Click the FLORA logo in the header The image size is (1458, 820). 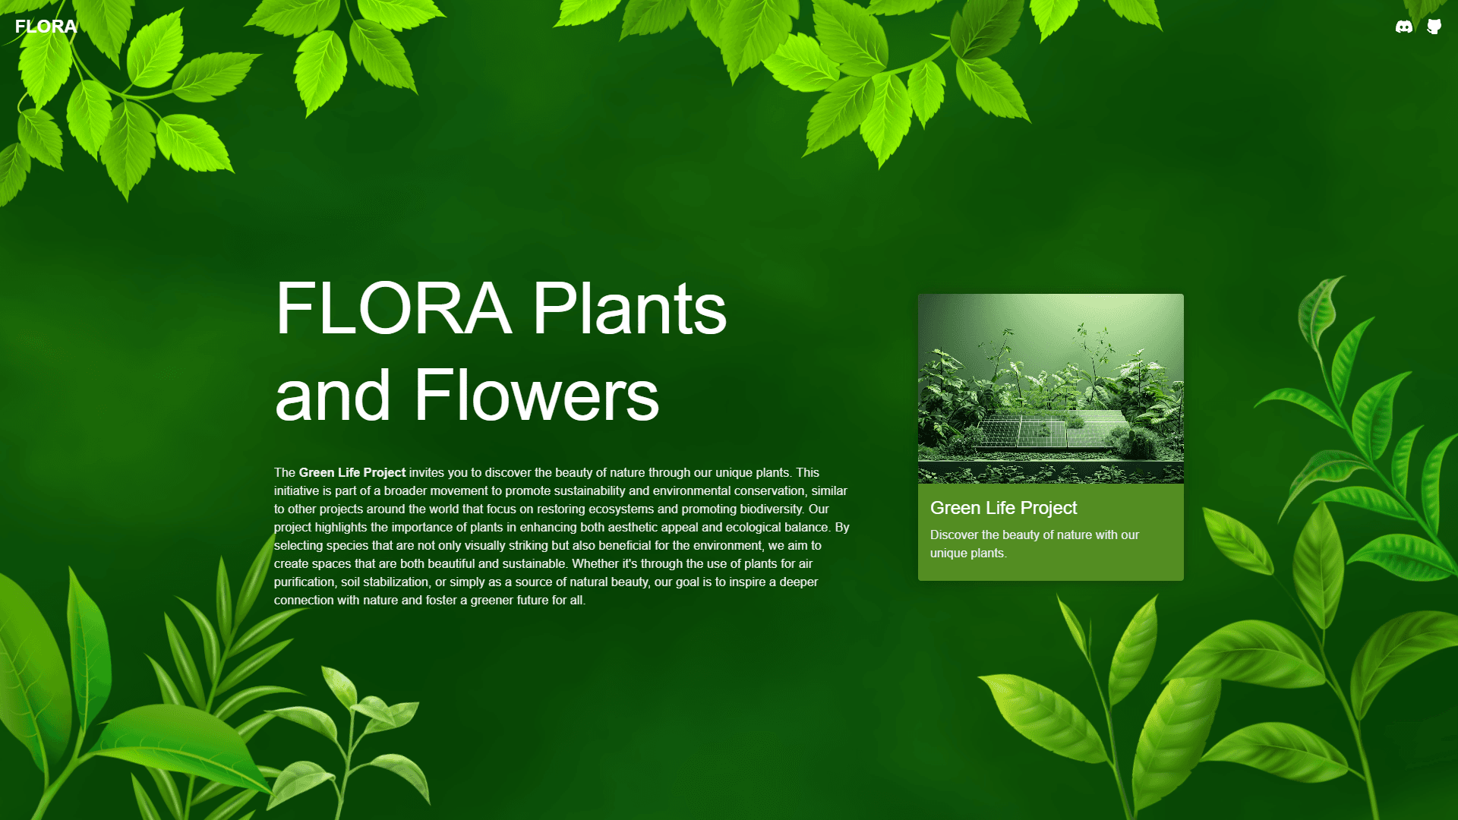tap(46, 27)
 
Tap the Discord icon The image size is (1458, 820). tap(1404, 27)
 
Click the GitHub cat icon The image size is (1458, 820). tap(1434, 27)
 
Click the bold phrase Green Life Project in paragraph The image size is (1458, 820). tap(352, 472)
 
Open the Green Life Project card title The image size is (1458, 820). tap(1003, 508)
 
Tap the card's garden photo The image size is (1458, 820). tap(1051, 389)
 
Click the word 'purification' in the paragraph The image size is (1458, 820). tap(304, 582)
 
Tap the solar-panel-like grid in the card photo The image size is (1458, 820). tap(1052, 430)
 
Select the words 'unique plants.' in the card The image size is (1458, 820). tap(969, 553)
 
